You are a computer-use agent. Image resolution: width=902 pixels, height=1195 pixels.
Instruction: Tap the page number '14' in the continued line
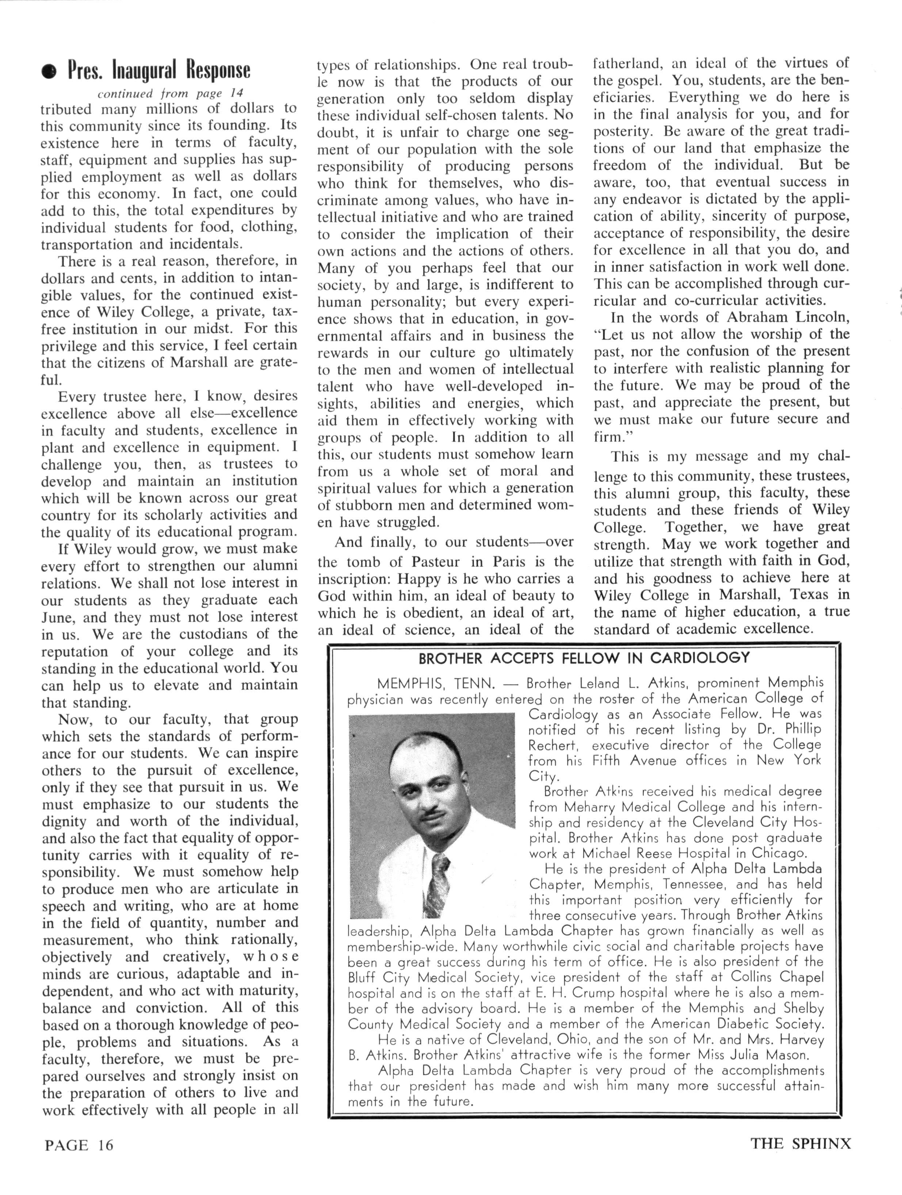point(236,93)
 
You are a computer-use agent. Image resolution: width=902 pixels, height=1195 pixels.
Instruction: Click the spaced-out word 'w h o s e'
point(271,957)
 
